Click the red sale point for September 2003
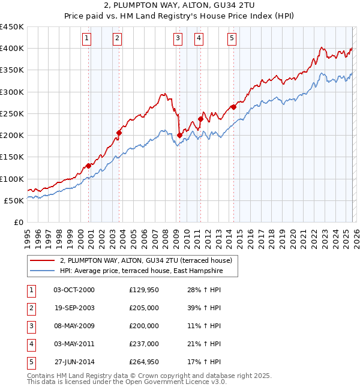pos(119,133)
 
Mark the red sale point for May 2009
pos(179,135)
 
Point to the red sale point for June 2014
pos(233,107)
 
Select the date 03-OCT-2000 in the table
pos(74,290)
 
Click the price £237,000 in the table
pos(143,344)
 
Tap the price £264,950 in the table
pos(143,362)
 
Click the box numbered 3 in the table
pos(31,326)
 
